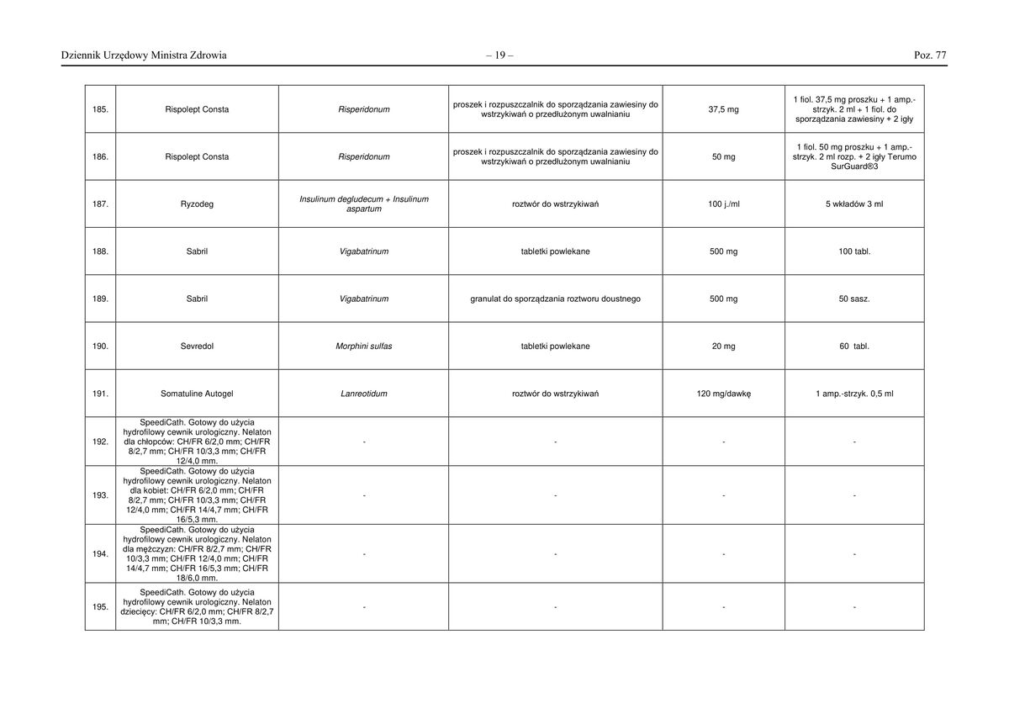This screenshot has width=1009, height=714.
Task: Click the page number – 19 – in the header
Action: click(499, 56)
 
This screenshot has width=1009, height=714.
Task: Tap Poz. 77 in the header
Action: click(930, 56)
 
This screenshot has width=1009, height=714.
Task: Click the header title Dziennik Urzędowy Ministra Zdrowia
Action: click(144, 56)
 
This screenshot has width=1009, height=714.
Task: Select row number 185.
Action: click(100, 109)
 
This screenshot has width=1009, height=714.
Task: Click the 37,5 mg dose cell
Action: click(723, 109)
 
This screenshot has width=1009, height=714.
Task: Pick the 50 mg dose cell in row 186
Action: click(723, 157)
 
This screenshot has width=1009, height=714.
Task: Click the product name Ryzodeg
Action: click(197, 204)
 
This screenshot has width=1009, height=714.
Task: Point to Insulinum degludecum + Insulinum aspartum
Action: click(363, 204)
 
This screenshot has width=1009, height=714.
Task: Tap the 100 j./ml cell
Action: click(723, 204)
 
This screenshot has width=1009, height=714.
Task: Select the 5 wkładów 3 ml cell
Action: click(854, 204)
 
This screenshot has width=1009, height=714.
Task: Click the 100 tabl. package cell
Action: click(854, 251)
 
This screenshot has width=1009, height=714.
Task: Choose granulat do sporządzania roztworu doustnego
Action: click(555, 299)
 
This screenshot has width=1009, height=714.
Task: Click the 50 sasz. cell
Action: click(854, 299)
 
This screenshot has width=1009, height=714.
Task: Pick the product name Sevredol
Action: click(197, 346)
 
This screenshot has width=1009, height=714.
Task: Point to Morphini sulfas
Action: click(363, 346)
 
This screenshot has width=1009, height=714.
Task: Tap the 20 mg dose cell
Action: click(723, 346)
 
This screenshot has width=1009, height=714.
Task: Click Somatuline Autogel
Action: click(197, 394)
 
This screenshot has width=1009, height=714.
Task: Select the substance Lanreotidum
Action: click(363, 394)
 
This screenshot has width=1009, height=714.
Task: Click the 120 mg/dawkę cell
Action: click(723, 394)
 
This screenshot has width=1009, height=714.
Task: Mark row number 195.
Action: click(100, 607)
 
